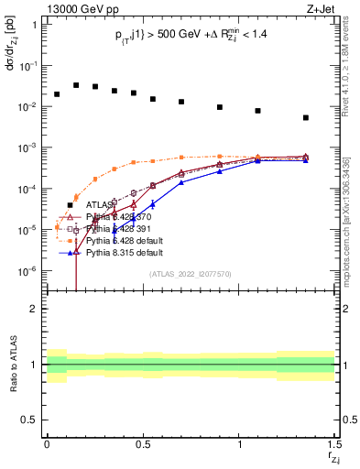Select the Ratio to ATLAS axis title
click(x=13, y=365)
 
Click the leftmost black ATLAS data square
click(x=57, y=94)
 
